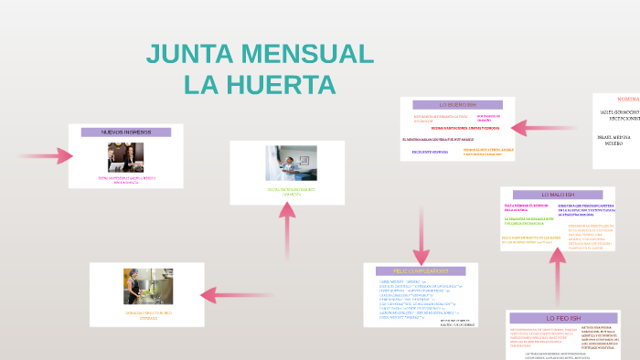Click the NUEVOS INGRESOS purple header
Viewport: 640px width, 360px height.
[126, 132]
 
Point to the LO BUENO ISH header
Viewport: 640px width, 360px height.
[458, 105]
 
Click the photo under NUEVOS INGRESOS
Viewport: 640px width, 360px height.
[125, 156]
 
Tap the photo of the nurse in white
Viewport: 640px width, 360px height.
[291, 163]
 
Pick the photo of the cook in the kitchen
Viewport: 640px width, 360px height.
[148, 286]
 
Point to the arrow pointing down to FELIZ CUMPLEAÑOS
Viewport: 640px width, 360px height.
[421, 239]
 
